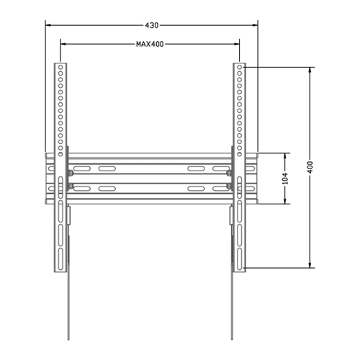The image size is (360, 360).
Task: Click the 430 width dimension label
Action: [x=152, y=25]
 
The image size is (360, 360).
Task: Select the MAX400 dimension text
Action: [x=150, y=44]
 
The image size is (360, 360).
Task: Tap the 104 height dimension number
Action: [x=285, y=179]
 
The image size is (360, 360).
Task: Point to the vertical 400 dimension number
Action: [x=310, y=167]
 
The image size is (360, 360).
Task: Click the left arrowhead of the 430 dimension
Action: [x=48, y=25]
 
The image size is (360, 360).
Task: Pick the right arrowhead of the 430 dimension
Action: [x=255, y=25]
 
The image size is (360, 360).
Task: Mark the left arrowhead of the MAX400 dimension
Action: [x=63, y=44]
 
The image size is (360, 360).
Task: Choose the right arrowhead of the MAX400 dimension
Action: [x=237, y=44]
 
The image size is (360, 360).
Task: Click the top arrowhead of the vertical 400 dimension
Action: [x=310, y=70]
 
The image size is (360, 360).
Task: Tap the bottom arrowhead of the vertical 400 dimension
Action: [x=310, y=265]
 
